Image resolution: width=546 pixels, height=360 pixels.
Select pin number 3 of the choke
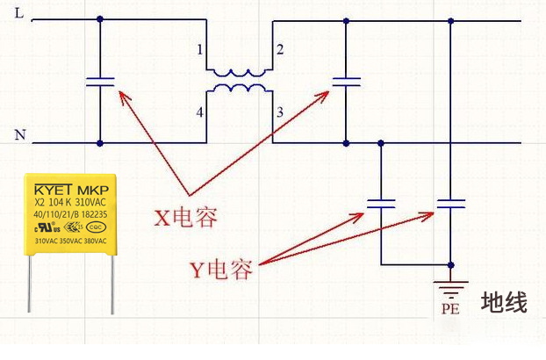[x=279, y=112]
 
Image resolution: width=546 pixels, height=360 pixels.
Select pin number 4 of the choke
[x=201, y=112]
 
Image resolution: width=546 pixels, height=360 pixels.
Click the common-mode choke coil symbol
[x=240, y=80]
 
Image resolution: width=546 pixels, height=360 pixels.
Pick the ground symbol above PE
[x=451, y=287]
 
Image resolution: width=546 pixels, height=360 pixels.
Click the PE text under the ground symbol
[x=451, y=309]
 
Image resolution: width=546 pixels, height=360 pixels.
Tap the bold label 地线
[x=504, y=303]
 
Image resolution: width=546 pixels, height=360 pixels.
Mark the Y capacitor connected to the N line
[x=381, y=203]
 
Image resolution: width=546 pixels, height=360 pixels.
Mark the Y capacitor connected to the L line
[x=451, y=203]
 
